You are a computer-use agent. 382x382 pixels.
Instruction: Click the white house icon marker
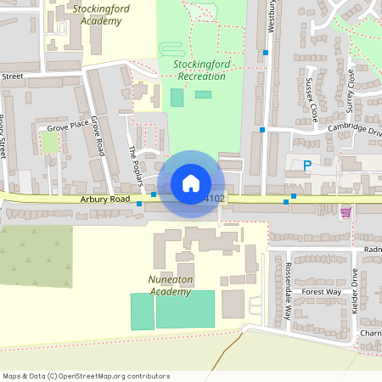coord(191,183)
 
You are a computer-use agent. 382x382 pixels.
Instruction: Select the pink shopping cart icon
coord(345,212)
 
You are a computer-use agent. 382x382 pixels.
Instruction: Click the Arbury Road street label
coord(106,199)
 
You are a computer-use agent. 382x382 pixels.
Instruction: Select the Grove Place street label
coord(67,126)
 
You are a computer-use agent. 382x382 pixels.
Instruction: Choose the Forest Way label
coord(321,291)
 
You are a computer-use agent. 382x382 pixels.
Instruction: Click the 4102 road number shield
coord(216,199)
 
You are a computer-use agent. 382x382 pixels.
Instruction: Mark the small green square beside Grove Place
coord(50,143)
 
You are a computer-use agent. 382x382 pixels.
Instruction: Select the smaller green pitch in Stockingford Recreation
coord(203,94)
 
